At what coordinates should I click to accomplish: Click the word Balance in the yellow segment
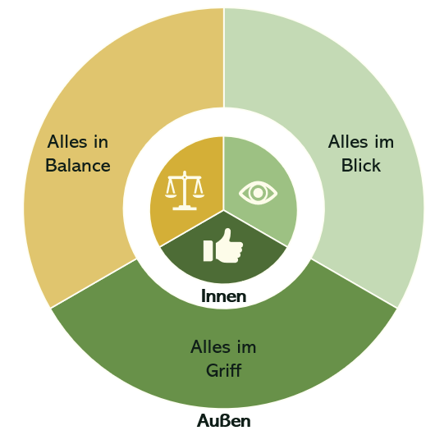(x=78, y=166)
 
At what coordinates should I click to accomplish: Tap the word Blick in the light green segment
(x=361, y=165)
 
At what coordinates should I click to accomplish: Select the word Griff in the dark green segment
(x=224, y=370)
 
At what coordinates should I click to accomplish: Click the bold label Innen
(x=223, y=295)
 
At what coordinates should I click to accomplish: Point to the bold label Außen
(x=223, y=420)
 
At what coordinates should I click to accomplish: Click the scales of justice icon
(x=185, y=190)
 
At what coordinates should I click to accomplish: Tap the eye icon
(x=258, y=193)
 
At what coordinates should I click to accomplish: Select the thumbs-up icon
(x=223, y=245)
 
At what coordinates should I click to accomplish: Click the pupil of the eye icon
(x=258, y=193)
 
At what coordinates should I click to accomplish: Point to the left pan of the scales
(x=171, y=195)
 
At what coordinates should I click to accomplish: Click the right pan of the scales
(x=199, y=195)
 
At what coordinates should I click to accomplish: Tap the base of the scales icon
(x=185, y=208)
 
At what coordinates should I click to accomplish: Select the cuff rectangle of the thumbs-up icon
(x=208, y=251)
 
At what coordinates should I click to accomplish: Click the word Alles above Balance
(x=67, y=142)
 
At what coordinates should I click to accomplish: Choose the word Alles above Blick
(x=348, y=142)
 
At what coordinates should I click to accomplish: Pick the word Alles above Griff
(x=211, y=346)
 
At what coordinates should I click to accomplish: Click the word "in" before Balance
(x=101, y=142)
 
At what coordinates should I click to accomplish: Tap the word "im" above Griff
(x=246, y=347)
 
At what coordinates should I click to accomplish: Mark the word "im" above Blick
(x=384, y=142)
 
